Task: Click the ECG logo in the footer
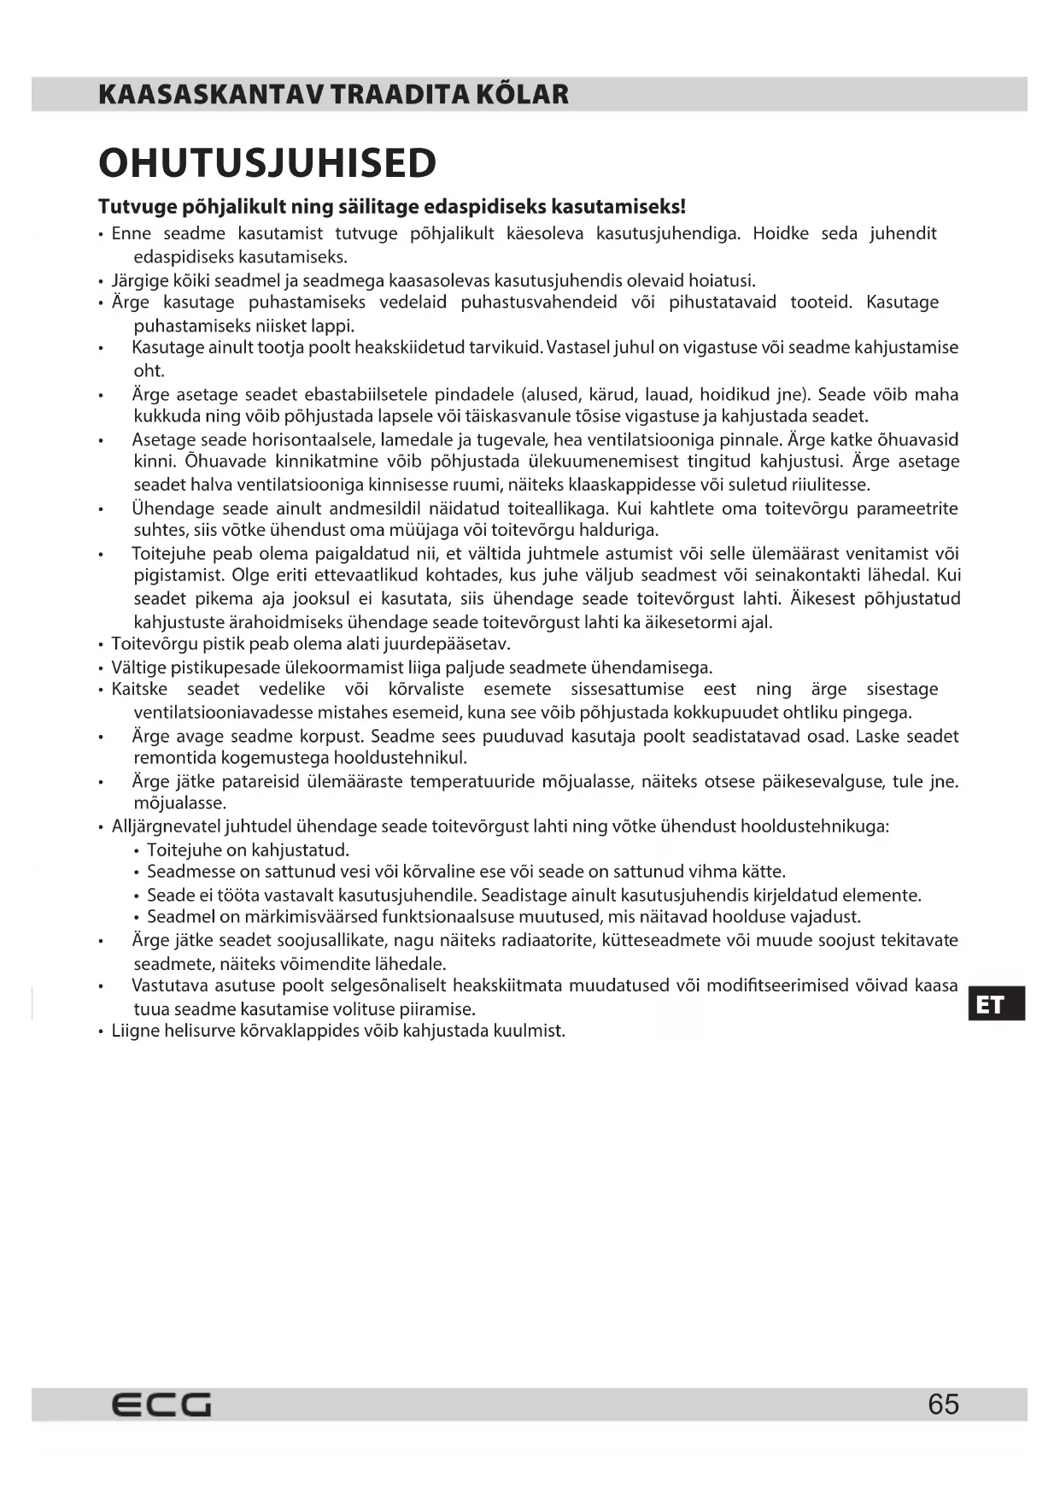(x=161, y=1405)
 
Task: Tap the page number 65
(x=943, y=1405)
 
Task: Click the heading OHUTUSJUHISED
(x=267, y=163)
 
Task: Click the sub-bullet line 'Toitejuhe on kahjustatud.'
(x=248, y=850)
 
